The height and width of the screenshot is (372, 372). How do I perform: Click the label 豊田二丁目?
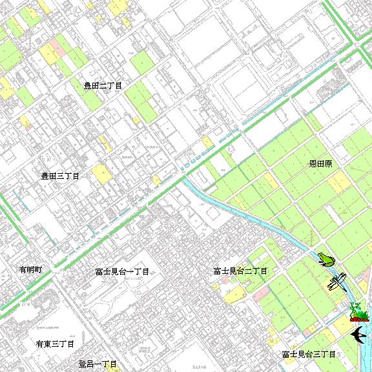point(103,85)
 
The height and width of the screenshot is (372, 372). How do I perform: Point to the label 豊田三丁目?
point(60,176)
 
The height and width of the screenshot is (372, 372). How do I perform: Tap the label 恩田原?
point(320,164)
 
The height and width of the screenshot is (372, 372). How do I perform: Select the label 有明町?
point(30,269)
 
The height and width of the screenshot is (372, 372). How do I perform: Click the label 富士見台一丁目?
point(121,272)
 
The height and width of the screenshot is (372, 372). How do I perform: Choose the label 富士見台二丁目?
point(240,272)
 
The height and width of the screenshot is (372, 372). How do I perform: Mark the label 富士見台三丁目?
point(309,355)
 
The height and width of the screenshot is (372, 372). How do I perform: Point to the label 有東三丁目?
point(55,344)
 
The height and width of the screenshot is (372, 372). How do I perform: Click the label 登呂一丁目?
point(98,365)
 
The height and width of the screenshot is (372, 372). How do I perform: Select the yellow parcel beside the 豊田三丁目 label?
point(101,173)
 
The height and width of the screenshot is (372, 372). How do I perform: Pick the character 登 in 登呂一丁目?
point(83,365)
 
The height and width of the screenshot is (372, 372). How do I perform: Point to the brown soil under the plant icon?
point(358,318)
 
